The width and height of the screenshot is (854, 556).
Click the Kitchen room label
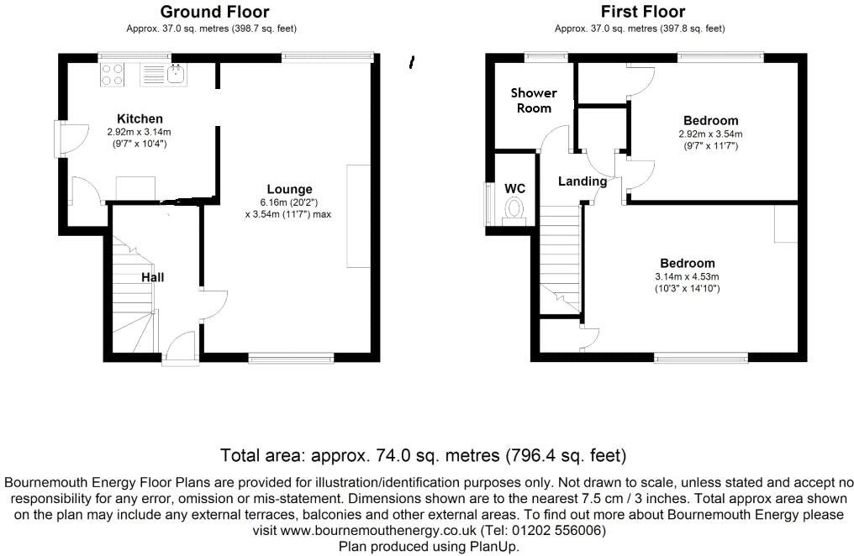tap(140, 118)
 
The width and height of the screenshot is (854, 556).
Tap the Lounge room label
tap(289, 189)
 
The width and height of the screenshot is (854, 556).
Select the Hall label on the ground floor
tap(152, 277)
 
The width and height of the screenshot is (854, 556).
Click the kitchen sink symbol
tap(176, 76)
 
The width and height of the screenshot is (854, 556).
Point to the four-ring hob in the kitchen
tap(112, 76)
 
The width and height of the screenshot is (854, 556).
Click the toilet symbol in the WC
tap(514, 210)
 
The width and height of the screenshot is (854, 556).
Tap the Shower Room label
tap(534, 100)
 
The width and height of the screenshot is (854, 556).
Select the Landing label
tap(582, 181)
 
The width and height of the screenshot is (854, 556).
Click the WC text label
tap(514, 188)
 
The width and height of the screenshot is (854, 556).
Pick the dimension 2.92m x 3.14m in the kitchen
tap(140, 132)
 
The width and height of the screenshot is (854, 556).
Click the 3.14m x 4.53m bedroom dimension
tap(688, 276)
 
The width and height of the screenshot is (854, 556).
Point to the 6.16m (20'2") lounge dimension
tap(288, 202)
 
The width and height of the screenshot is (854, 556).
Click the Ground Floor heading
tap(214, 12)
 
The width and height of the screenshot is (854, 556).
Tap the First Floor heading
tap(642, 12)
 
